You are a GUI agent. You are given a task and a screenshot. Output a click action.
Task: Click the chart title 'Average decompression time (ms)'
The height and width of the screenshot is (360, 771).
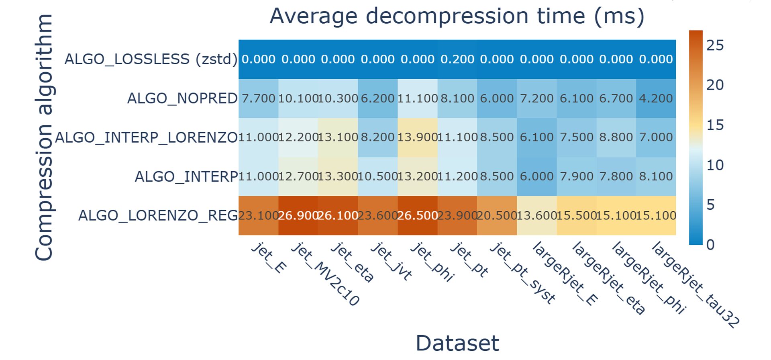coord(457,16)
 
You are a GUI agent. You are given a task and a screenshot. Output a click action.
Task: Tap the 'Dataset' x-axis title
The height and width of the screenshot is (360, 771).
coord(457,344)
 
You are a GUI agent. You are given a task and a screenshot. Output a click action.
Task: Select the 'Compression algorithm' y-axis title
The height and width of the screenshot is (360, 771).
coord(44,137)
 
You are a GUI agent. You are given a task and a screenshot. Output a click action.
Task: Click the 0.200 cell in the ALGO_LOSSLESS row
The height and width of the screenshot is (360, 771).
coord(457,59)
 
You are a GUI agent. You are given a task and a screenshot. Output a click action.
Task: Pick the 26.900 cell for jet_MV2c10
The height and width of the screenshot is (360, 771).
coord(298,216)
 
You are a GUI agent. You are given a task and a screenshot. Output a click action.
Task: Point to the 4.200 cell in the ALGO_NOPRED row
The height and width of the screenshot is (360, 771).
coord(656,98)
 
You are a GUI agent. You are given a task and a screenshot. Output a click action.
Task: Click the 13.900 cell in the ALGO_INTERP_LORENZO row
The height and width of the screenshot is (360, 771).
coord(418,137)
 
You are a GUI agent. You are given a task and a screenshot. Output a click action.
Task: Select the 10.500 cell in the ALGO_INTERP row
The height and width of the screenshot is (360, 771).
coord(377,176)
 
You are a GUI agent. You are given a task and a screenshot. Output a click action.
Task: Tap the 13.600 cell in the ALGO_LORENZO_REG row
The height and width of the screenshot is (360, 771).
coord(536,216)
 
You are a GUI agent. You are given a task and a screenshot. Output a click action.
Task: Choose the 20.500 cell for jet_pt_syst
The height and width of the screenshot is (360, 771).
coord(497,216)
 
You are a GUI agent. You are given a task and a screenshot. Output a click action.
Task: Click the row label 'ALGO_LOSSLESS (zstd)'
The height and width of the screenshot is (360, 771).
coord(151,59)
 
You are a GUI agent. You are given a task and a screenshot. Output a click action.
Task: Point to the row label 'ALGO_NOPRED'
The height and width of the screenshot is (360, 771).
coord(182,98)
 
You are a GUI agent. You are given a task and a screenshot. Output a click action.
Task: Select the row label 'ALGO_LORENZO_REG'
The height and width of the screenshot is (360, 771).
coord(158,216)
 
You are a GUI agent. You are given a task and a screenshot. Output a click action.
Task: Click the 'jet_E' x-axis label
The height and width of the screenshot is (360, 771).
coord(269,258)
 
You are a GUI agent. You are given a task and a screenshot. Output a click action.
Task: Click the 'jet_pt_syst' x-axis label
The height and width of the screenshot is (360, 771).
coord(522,273)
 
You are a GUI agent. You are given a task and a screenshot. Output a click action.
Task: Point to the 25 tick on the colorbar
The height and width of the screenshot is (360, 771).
coord(715,45)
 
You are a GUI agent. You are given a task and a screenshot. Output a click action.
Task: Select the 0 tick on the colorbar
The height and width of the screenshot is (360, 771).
coord(710,244)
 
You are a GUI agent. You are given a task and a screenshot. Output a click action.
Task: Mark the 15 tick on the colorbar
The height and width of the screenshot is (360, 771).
coord(715,125)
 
